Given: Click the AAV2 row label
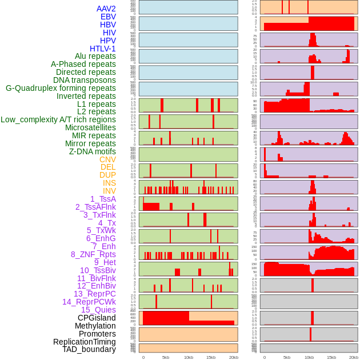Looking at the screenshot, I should click(x=106, y=9).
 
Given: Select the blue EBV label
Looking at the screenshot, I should click(x=108, y=17).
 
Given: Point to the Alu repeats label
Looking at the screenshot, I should click(x=95, y=56).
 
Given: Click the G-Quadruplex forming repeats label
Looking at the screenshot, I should click(x=61, y=88).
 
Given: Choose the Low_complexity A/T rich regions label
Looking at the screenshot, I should click(x=58, y=119).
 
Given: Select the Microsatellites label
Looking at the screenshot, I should click(x=90, y=127).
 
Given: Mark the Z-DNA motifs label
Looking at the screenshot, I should click(x=93, y=151).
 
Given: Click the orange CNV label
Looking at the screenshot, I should click(x=107, y=159).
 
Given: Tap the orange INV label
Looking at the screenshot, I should click(x=109, y=191).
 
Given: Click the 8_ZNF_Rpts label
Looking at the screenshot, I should click(x=93, y=254).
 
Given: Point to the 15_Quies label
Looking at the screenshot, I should click(x=98, y=310).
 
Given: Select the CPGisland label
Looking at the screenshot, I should click(x=97, y=318).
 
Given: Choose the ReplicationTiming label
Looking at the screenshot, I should click(x=84, y=342).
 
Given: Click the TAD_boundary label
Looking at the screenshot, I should click(x=89, y=349).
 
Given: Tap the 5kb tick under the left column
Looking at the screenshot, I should click(x=166, y=357).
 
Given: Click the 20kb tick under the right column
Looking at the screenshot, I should click(x=354, y=357).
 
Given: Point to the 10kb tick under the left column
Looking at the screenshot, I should click(x=189, y=357).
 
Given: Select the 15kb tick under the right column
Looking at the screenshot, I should click(x=331, y=357).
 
